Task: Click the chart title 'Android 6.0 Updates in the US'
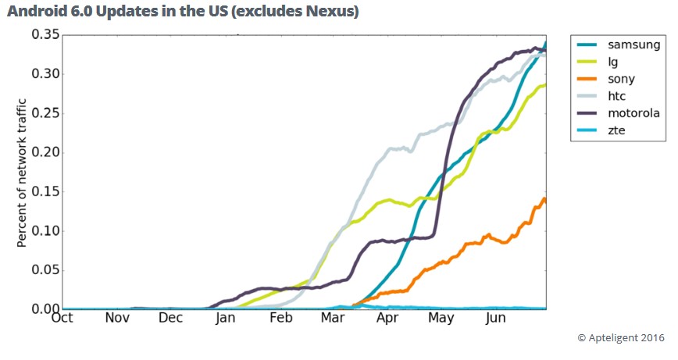pos(183,12)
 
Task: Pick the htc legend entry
pos(618,96)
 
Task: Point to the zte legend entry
pos(616,130)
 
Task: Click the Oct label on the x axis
pos(62,319)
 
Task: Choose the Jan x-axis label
pos(225,319)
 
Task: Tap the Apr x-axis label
pos(386,319)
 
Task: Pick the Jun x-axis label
pos(495,319)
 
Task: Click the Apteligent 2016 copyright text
pos(621,337)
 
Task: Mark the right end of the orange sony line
pos(544,199)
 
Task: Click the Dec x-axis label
pos(170,319)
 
